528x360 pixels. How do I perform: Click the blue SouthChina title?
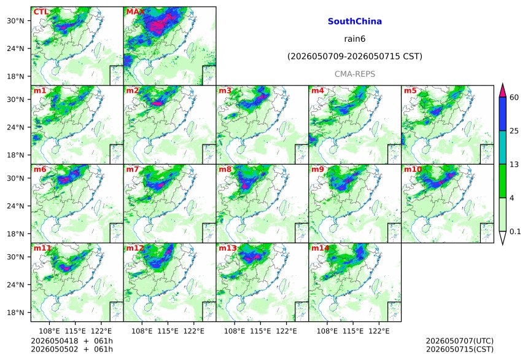355,22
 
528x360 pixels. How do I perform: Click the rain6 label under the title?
355,39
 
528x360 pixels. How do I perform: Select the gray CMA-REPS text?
355,74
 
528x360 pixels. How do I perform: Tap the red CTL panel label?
41,12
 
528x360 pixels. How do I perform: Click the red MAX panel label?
135,12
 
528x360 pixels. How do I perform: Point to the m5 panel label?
410,91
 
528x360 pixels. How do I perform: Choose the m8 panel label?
225,169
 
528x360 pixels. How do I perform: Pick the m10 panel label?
413,169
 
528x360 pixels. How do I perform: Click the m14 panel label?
320,248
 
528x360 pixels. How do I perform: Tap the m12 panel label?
134,248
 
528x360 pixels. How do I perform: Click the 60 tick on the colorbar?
514,98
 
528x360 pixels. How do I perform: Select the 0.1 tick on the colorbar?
515,232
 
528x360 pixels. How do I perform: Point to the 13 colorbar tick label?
514,165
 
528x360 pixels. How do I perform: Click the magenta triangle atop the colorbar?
503,90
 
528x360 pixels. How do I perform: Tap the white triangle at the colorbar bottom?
503,238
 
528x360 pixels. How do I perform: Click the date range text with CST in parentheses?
355,57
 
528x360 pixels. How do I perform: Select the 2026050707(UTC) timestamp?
460,341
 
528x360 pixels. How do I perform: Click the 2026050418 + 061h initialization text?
72,341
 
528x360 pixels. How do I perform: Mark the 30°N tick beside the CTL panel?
15,21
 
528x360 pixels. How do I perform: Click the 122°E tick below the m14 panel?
379,331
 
